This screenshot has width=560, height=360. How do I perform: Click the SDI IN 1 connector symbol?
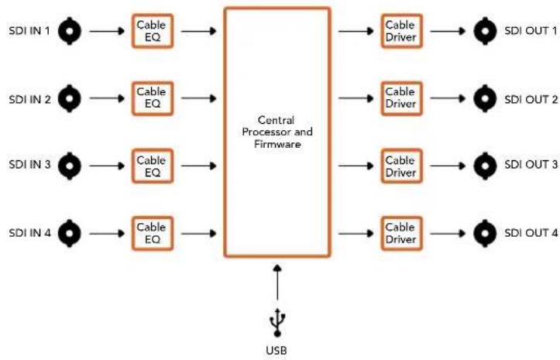[x=70, y=31]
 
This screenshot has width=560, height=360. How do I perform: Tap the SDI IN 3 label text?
[x=29, y=165]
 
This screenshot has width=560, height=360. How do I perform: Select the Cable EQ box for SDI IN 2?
[x=153, y=98]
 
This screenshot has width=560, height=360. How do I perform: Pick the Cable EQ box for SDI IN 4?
[x=153, y=234]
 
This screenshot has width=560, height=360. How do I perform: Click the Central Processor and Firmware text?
[x=277, y=132]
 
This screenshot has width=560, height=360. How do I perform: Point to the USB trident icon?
[x=277, y=323]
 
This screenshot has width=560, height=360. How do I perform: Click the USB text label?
[x=277, y=351]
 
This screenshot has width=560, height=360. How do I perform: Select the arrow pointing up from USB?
[x=277, y=282]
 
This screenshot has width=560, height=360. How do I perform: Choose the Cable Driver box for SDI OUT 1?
[x=402, y=31]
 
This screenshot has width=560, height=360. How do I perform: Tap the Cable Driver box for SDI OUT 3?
[x=402, y=166]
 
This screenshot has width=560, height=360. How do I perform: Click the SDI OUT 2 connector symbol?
[x=485, y=98]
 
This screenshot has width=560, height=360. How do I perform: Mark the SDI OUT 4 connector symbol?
[x=485, y=233]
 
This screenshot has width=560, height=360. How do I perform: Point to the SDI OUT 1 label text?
[x=531, y=31]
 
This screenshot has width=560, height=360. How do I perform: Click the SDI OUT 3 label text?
[x=531, y=165]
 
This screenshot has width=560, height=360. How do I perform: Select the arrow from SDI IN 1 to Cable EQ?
[x=107, y=32]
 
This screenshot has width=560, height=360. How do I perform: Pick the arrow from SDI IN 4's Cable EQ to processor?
[x=199, y=234]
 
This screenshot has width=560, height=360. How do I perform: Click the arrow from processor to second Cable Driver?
[x=356, y=98]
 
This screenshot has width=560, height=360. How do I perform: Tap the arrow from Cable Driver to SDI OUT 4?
[x=448, y=234]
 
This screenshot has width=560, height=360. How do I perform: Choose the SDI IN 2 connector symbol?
[x=70, y=98]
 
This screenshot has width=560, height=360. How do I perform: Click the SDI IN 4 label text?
[x=30, y=233]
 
